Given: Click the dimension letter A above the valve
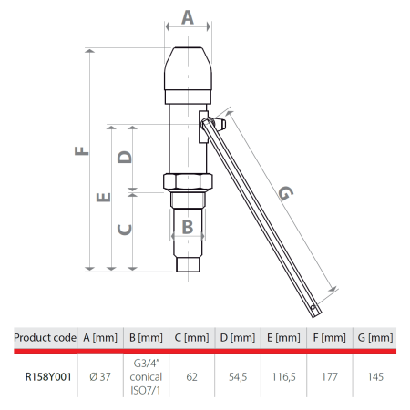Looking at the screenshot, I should (189, 16).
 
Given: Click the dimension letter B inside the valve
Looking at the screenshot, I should (186, 225).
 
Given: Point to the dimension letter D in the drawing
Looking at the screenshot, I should (127, 155).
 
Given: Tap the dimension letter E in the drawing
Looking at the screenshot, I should (104, 196).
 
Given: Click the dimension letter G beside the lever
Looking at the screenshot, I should (285, 194).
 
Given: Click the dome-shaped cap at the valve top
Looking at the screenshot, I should (189, 68).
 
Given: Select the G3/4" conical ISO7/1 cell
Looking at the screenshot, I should (147, 375).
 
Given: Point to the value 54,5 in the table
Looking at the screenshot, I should (238, 375).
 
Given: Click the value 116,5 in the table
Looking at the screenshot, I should (284, 375).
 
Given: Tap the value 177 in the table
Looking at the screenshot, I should (330, 375).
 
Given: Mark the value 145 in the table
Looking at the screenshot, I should (375, 375).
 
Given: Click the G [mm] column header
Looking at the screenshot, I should (375, 337).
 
